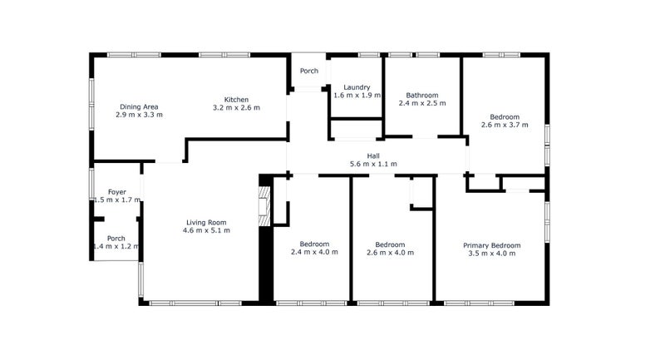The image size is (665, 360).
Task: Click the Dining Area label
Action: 139,107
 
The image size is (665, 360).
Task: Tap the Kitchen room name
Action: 236,100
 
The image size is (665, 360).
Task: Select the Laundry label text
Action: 357,88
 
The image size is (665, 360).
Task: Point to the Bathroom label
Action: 422,96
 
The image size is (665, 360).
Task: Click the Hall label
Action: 373,156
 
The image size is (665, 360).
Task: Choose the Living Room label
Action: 206,223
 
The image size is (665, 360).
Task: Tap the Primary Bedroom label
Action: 491,245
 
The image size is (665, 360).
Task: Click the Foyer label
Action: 116,192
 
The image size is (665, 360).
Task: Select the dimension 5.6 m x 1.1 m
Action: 373,164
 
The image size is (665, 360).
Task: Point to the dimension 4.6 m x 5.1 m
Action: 206,230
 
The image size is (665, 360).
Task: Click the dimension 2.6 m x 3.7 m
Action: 505,125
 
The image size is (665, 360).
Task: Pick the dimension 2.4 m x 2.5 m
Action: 422,103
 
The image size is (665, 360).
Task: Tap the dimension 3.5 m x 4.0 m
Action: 491,254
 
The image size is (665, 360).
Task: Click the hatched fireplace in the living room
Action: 264,206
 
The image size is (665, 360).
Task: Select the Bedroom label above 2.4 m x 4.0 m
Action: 314,244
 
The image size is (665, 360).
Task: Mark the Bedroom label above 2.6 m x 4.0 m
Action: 390,244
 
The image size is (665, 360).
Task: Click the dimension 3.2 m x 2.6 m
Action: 236,108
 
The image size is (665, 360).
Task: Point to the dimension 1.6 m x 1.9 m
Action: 357,96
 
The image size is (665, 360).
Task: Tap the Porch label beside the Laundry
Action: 308,71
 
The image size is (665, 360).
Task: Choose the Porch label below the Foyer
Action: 116,239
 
